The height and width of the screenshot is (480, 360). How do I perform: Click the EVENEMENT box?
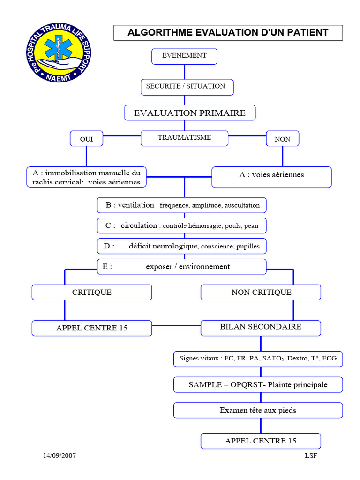pyautogui.click(x=184, y=56)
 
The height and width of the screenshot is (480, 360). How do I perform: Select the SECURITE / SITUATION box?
pyautogui.click(x=187, y=87)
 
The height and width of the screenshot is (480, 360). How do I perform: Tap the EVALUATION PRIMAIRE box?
pyautogui.click(x=190, y=113)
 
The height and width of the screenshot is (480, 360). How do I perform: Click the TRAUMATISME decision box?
pyautogui.click(x=184, y=138)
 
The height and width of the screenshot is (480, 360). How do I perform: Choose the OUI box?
pyautogui.click(x=86, y=139)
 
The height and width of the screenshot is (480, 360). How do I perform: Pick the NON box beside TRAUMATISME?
pyautogui.click(x=282, y=139)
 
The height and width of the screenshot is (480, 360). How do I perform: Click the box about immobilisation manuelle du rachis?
pyautogui.click(x=86, y=177)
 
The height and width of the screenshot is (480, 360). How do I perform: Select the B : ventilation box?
pyautogui.click(x=182, y=205)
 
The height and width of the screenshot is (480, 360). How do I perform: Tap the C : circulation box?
pyautogui.click(x=182, y=225)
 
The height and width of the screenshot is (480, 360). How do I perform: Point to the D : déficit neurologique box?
pyautogui.click(x=182, y=246)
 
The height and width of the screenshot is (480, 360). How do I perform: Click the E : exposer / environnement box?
pyautogui.click(x=182, y=267)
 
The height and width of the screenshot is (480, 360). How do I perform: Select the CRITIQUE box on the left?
pyautogui.click(x=92, y=292)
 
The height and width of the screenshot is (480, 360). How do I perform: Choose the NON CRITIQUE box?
pyautogui.click(x=261, y=292)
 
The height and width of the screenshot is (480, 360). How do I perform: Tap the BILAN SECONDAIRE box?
pyautogui.click(x=261, y=328)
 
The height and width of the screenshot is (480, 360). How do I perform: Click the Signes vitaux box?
pyautogui.click(x=258, y=359)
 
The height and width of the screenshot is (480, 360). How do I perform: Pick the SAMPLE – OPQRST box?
pyautogui.click(x=258, y=385)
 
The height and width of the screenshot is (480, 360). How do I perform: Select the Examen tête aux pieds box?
pyautogui.click(x=258, y=410)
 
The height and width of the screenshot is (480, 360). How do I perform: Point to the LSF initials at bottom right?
pyautogui.click(x=311, y=456)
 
